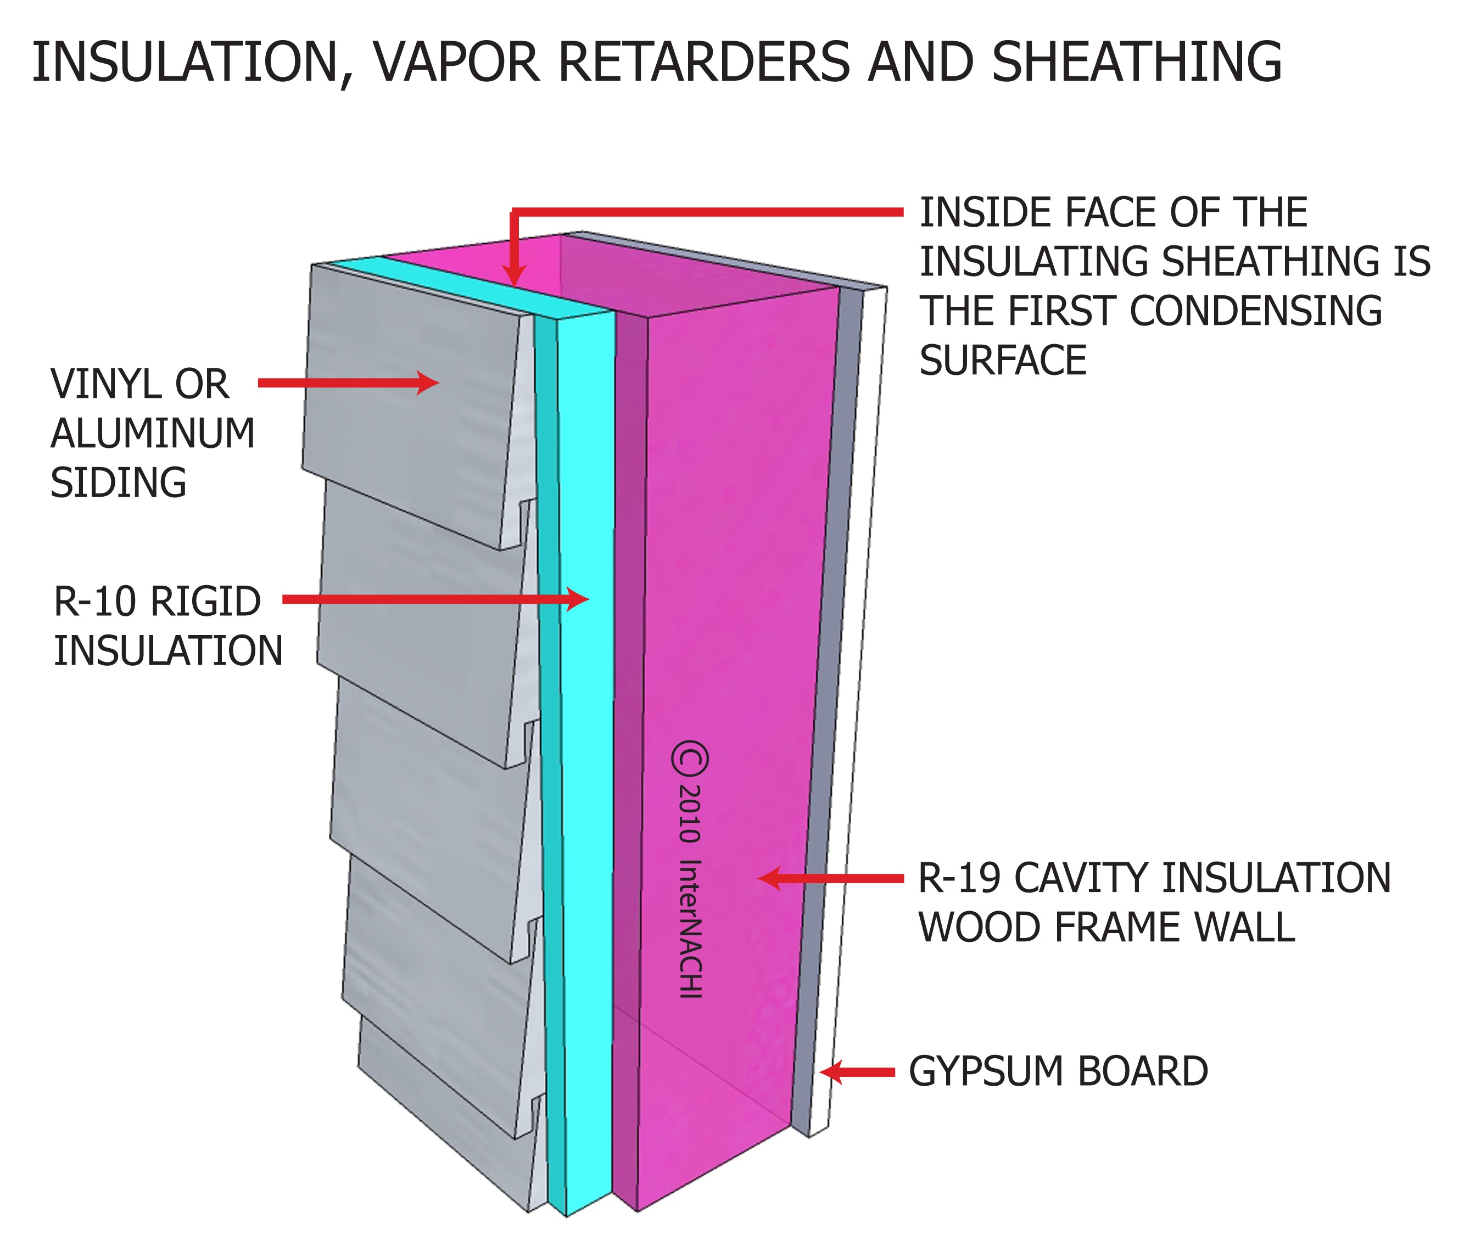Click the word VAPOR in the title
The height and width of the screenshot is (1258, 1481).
(455, 63)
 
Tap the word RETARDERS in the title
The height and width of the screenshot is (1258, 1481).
(703, 63)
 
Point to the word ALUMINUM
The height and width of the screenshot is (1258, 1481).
(152, 434)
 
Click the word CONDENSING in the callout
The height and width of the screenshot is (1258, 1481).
(1255, 311)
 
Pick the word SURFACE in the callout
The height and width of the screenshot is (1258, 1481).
(1002, 360)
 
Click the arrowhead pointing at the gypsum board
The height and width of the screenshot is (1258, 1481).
(830, 1071)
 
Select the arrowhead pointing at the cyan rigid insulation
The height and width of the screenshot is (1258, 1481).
(579, 599)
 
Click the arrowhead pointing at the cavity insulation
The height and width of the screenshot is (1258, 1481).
(769, 878)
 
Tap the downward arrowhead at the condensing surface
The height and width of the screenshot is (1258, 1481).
(513, 276)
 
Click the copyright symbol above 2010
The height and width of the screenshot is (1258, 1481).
(690, 760)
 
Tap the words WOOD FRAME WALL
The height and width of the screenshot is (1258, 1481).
(1106, 927)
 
